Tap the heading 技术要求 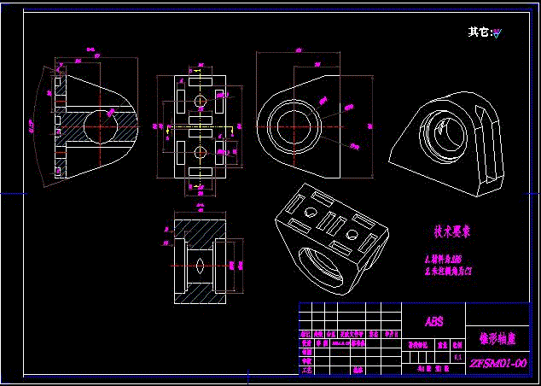tap(452, 231)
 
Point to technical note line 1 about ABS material tap(445, 258)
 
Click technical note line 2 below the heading tap(449, 271)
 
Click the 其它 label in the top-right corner tap(479, 32)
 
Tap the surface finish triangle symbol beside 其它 tap(497, 34)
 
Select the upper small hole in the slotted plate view tap(201, 101)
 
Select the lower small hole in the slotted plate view tap(201, 153)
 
